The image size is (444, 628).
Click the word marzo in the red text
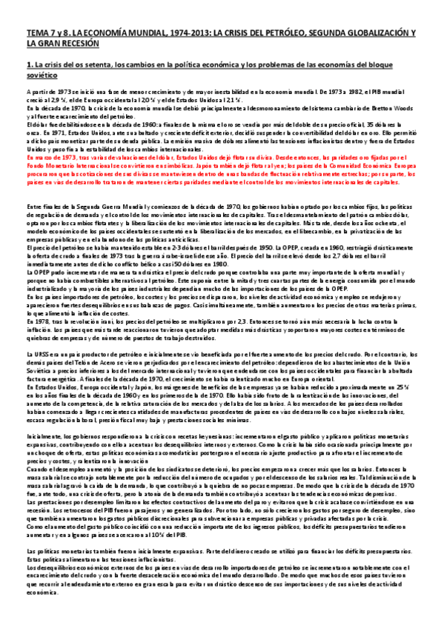pyautogui.click(x=42, y=157)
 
